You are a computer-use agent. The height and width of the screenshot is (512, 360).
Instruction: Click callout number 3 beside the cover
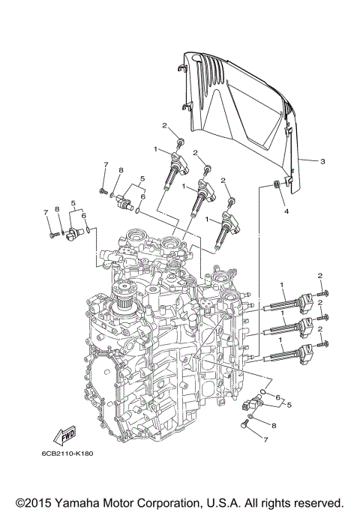(x=322, y=160)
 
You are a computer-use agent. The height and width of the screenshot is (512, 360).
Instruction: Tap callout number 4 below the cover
(x=285, y=211)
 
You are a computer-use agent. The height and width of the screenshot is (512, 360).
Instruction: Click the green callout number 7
(x=106, y=165)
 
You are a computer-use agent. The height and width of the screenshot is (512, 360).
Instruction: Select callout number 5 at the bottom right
(x=288, y=404)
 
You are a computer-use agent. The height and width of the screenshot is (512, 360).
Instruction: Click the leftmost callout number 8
(x=57, y=219)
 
